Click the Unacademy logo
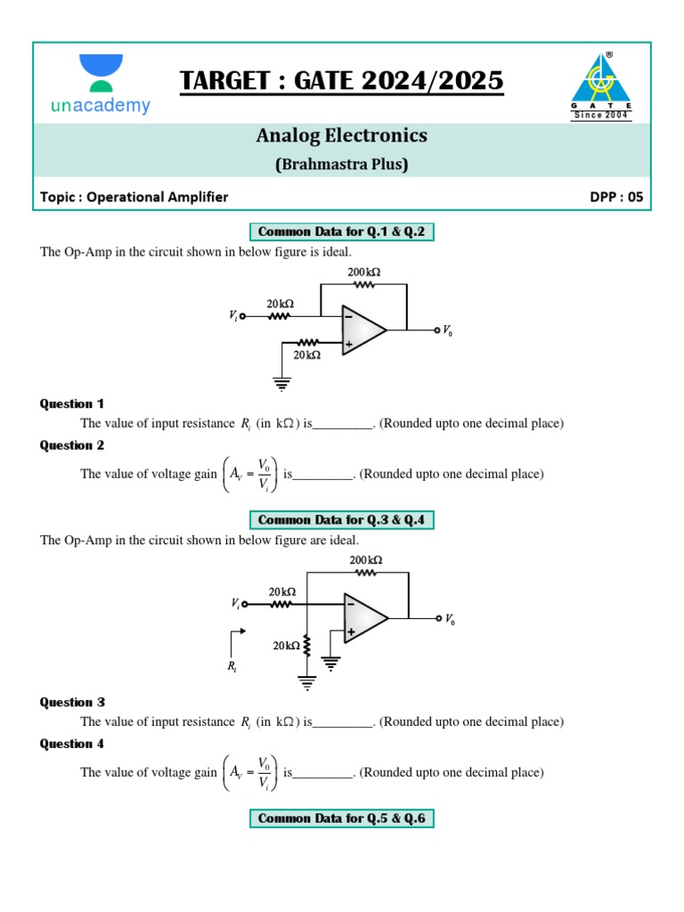101,85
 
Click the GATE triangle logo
600,85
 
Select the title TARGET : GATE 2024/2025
342,81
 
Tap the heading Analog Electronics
342,135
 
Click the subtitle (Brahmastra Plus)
342,164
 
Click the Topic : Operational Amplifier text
134,197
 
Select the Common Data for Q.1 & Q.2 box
342,232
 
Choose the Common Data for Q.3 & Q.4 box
342,519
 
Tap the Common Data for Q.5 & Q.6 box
342,818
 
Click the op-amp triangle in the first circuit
362,330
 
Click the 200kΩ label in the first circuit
364,272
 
